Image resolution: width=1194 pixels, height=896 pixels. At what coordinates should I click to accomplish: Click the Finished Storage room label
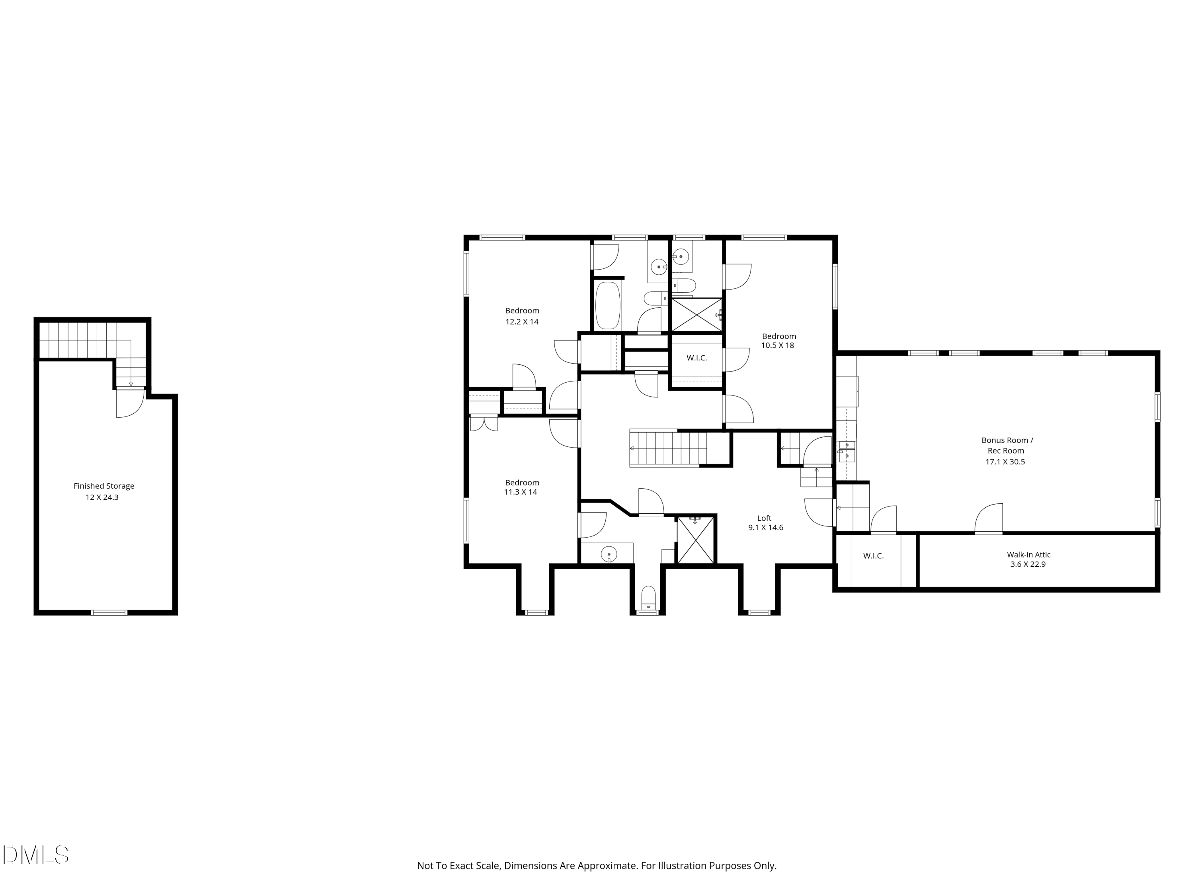click(103, 485)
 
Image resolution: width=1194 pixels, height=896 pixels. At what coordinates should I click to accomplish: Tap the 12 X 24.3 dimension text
click(102, 497)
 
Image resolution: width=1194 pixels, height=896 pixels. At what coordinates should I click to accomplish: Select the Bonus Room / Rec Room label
click(1007, 445)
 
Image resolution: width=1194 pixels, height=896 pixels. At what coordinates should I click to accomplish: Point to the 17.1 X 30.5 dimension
click(1005, 461)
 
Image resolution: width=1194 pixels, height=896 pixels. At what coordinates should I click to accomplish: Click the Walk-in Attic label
click(1028, 554)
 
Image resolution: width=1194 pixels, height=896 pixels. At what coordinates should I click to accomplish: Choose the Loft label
click(764, 518)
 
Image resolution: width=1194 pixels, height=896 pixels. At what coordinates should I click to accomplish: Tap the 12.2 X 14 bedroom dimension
click(521, 321)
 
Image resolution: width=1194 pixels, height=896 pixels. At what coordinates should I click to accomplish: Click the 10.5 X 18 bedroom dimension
click(777, 345)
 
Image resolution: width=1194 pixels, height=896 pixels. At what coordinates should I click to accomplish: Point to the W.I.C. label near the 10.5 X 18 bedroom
click(696, 358)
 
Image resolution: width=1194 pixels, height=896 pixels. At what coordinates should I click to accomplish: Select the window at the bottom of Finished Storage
click(109, 612)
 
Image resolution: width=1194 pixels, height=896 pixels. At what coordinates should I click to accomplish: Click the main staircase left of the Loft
click(669, 448)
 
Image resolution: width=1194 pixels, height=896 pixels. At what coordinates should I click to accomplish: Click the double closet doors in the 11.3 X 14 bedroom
click(484, 423)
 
